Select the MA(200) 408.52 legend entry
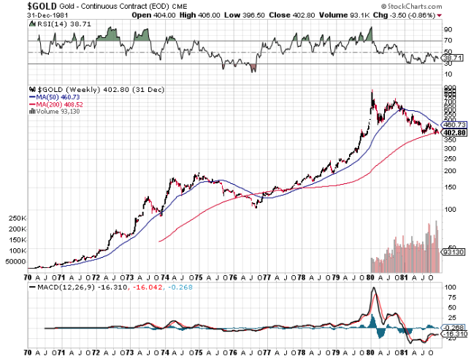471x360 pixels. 53,104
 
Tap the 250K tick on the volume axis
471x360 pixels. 15,218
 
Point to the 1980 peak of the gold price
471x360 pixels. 372,91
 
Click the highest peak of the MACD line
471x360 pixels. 374,288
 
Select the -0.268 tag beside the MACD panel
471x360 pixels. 454,328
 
